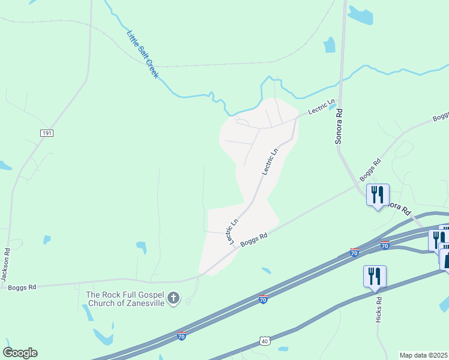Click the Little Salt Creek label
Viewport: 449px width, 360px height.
click(x=142, y=55)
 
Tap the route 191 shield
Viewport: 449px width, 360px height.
click(x=47, y=133)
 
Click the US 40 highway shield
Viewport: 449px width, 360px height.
click(x=265, y=341)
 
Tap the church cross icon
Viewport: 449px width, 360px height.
click(x=173, y=298)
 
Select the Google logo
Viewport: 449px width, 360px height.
click(x=20, y=353)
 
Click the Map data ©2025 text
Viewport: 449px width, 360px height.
click(x=424, y=355)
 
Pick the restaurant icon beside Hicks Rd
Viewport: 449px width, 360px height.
click(x=375, y=277)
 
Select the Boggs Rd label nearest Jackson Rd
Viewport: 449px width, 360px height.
click(x=22, y=287)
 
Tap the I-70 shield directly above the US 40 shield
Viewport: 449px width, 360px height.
click(x=263, y=299)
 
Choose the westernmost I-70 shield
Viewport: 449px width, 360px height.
click(x=181, y=335)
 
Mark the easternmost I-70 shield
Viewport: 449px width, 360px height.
click(x=385, y=245)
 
